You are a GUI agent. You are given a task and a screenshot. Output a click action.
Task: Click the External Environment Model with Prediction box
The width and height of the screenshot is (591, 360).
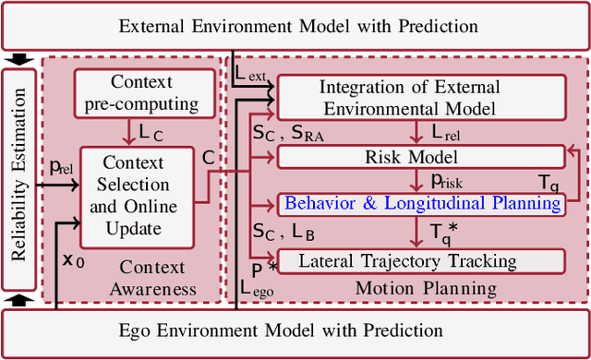[295, 25]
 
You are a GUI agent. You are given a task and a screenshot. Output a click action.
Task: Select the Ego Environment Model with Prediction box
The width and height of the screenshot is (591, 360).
[295, 330]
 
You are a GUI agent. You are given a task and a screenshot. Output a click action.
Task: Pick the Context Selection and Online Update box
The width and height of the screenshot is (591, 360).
[135, 195]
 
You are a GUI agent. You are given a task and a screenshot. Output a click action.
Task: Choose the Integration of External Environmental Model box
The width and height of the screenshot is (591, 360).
[421, 97]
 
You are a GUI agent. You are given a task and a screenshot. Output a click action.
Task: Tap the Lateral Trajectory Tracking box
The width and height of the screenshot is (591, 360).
[421, 261]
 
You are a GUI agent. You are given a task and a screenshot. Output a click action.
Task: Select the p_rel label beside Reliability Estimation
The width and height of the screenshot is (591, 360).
[61, 167]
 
